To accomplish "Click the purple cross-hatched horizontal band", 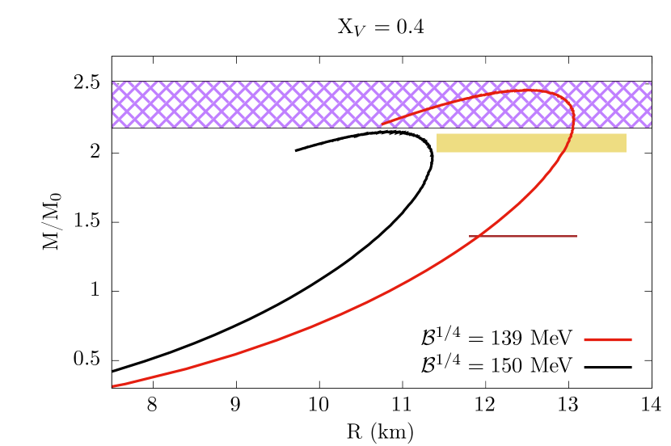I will click(x=243, y=104).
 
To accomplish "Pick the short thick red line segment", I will click(x=608, y=339).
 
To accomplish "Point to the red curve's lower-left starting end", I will click(x=113, y=386).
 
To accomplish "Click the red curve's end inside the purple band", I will click(x=382, y=124).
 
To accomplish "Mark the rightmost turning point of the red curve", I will click(x=573, y=118).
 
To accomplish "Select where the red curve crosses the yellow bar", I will click(x=563, y=143).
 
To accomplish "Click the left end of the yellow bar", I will click(x=437, y=143).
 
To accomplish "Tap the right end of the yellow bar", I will click(x=626, y=143).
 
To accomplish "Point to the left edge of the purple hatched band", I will click(x=112, y=104).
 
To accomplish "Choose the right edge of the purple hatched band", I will click(x=651, y=104).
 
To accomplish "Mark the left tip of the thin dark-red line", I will click(x=470, y=236).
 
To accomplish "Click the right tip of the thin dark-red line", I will click(x=576, y=236).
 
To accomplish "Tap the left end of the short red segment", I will click(x=584, y=339).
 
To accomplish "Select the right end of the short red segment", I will click(x=631, y=339).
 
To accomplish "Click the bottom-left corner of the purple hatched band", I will click(x=112, y=127).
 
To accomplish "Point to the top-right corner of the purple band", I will click(x=651, y=82).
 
